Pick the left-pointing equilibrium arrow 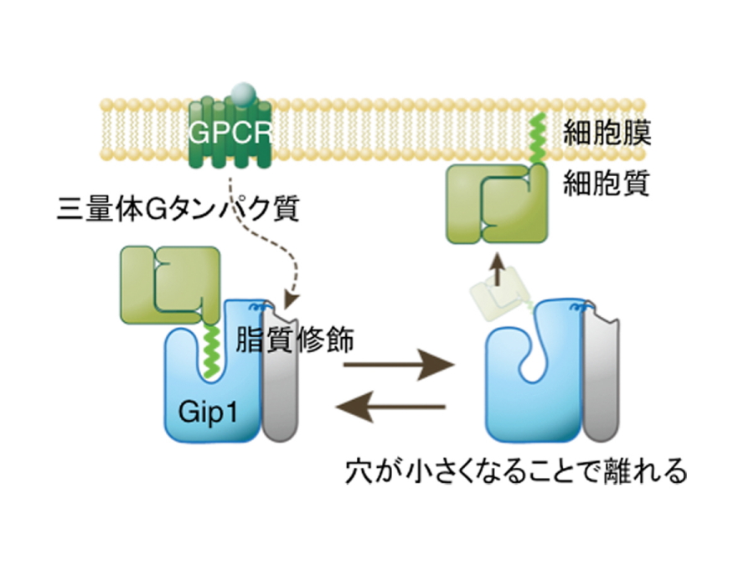click(389, 408)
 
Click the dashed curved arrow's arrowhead click(292, 299)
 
